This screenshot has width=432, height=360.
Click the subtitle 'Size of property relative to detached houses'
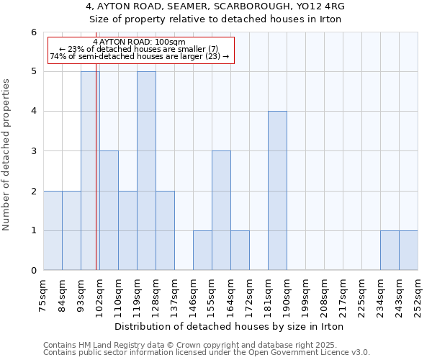click(x=215, y=19)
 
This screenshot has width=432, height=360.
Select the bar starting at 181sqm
click(x=277, y=191)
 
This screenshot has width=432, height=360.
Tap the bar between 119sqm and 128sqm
click(x=146, y=171)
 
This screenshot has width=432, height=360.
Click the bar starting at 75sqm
click(x=53, y=230)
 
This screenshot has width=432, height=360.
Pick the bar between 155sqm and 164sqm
click(x=221, y=210)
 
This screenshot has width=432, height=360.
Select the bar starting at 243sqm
click(x=408, y=251)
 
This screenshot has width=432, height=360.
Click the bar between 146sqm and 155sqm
click(x=202, y=251)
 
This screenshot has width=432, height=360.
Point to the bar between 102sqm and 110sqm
click(x=109, y=210)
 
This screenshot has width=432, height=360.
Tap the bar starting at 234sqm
click(x=390, y=251)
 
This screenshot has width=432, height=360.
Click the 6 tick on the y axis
click(x=33, y=32)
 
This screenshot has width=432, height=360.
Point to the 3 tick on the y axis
click(x=33, y=151)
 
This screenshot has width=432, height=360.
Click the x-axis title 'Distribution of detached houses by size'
click(x=230, y=326)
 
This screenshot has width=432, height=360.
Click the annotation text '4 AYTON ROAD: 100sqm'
click(x=140, y=42)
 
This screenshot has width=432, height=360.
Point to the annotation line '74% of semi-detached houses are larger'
click(x=140, y=55)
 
